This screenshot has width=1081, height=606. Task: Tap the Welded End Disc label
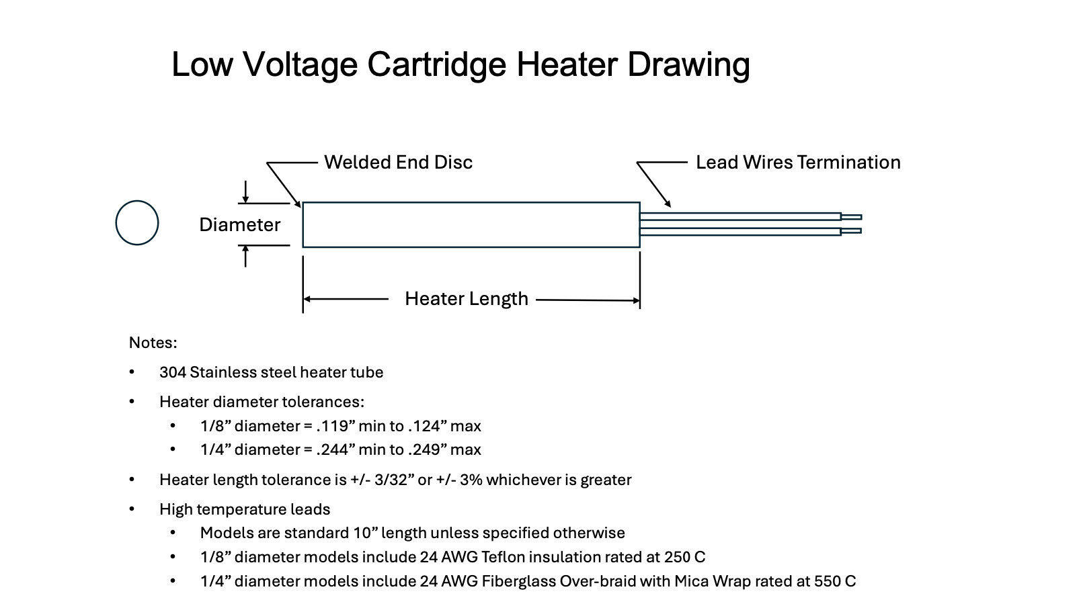pyautogui.click(x=398, y=162)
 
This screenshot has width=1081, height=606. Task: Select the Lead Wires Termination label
pyautogui.click(x=798, y=162)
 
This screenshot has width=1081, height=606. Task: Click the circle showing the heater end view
pyautogui.click(x=137, y=222)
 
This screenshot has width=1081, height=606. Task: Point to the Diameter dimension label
pyautogui.click(x=239, y=224)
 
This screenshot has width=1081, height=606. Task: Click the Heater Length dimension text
pyautogui.click(x=466, y=298)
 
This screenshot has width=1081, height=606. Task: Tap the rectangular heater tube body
pyautogui.click(x=471, y=224)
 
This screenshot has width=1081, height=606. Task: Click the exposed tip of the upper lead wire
pyautogui.click(x=851, y=216)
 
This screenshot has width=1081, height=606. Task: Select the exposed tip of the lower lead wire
pyautogui.click(x=851, y=231)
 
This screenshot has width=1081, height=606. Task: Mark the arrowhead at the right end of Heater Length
pyautogui.click(x=635, y=300)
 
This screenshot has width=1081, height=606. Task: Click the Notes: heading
pyautogui.click(x=153, y=343)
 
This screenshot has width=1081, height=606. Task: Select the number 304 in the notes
pyautogui.click(x=173, y=372)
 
